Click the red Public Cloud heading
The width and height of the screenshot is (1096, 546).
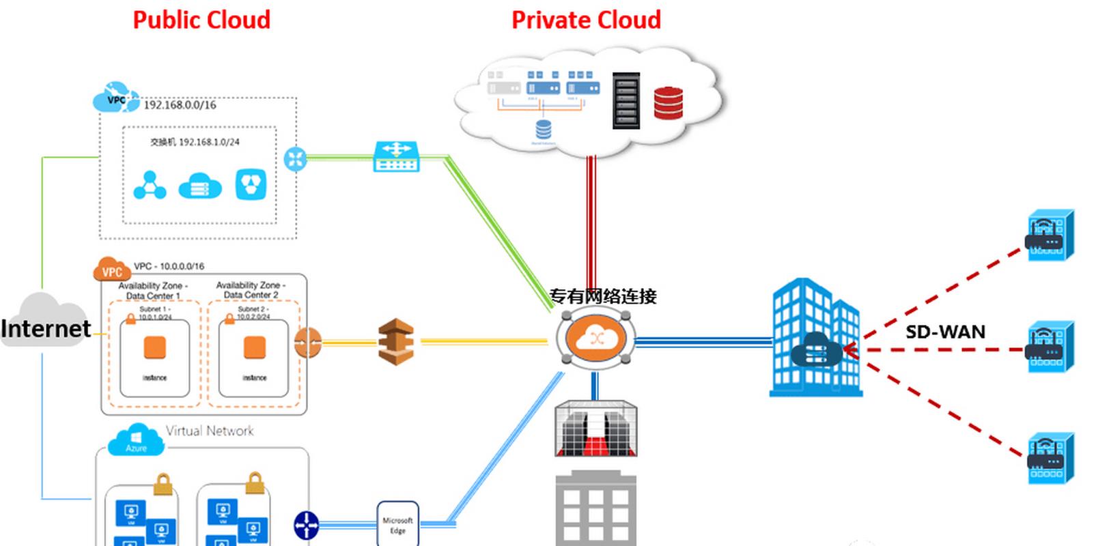(201, 20)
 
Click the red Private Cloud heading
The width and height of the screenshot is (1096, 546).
(586, 20)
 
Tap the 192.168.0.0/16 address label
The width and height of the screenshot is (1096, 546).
(180, 105)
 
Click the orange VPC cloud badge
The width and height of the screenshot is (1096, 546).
(111, 270)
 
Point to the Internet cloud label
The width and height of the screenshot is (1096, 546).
(45, 328)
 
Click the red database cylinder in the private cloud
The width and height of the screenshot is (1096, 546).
(668, 103)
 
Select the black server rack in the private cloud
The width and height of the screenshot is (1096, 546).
(626, 100)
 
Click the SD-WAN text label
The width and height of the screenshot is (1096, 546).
(945, 332)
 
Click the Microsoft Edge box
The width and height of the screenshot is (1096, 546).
(397, 524)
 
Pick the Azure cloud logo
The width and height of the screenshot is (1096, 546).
(137, 440)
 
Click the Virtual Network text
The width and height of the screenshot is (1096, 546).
(210, 431)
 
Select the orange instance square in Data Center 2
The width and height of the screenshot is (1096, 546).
(254, 347)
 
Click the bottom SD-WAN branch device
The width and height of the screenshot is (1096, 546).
(1050, 458)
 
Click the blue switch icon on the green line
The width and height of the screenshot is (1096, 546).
(396, 157)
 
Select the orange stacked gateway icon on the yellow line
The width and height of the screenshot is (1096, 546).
(396, 341)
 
